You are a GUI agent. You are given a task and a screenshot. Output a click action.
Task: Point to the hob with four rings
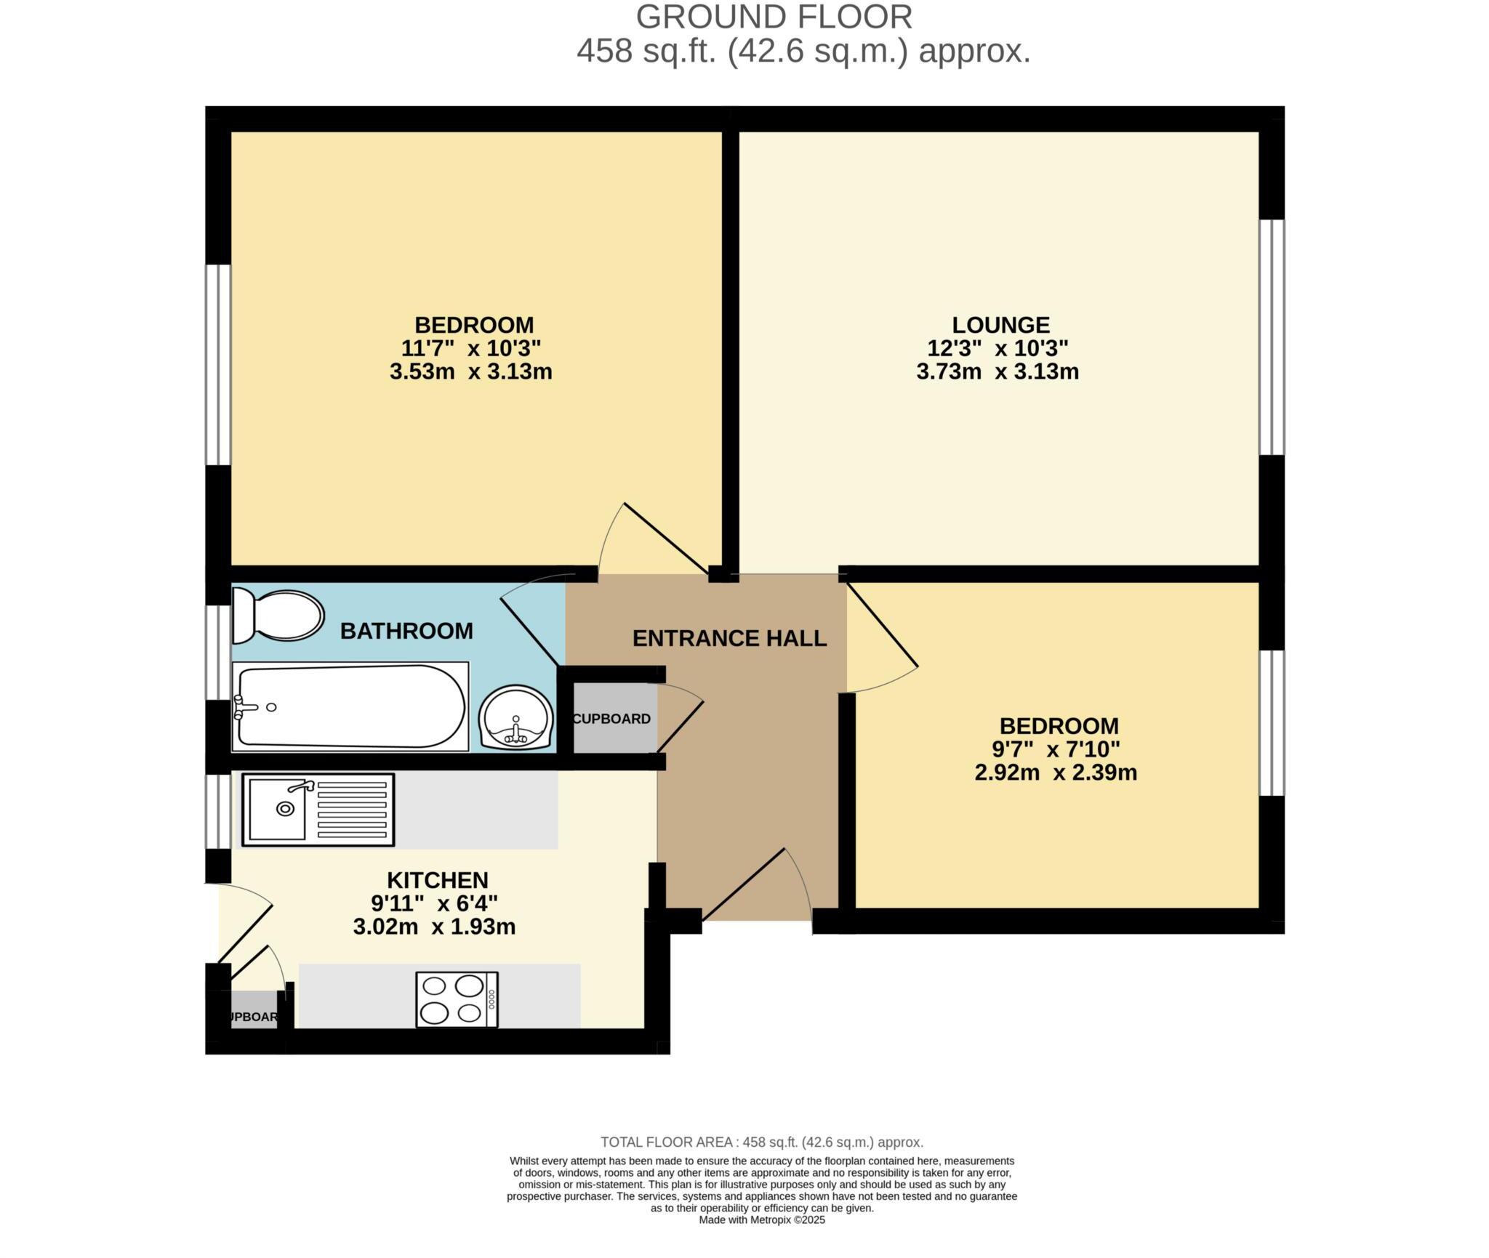pos(457,999)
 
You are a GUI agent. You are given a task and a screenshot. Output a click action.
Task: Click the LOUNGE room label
pos(1001,325)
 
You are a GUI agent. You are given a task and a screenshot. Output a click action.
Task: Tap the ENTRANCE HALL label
pos(729,639)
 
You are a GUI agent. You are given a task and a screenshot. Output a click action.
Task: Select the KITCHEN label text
pos(437,880)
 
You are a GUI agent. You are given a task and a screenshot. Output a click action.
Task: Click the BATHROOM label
pos(406,631)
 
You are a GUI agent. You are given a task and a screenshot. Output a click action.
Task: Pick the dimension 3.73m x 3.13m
pos(998,372)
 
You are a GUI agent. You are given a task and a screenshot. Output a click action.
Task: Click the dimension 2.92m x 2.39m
pos(1056,773)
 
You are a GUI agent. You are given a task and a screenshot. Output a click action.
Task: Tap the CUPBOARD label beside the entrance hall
pos(611,719)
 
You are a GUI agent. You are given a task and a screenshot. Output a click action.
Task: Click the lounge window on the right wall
pos(1272,337)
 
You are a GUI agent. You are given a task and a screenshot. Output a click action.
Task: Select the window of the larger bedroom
pos(218,364)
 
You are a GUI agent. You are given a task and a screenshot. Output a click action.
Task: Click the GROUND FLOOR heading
pos(774,17)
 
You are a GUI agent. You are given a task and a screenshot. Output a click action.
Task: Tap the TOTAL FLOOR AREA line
pos(761,1142)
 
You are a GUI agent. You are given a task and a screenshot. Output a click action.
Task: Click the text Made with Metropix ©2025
pos(761,1220)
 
